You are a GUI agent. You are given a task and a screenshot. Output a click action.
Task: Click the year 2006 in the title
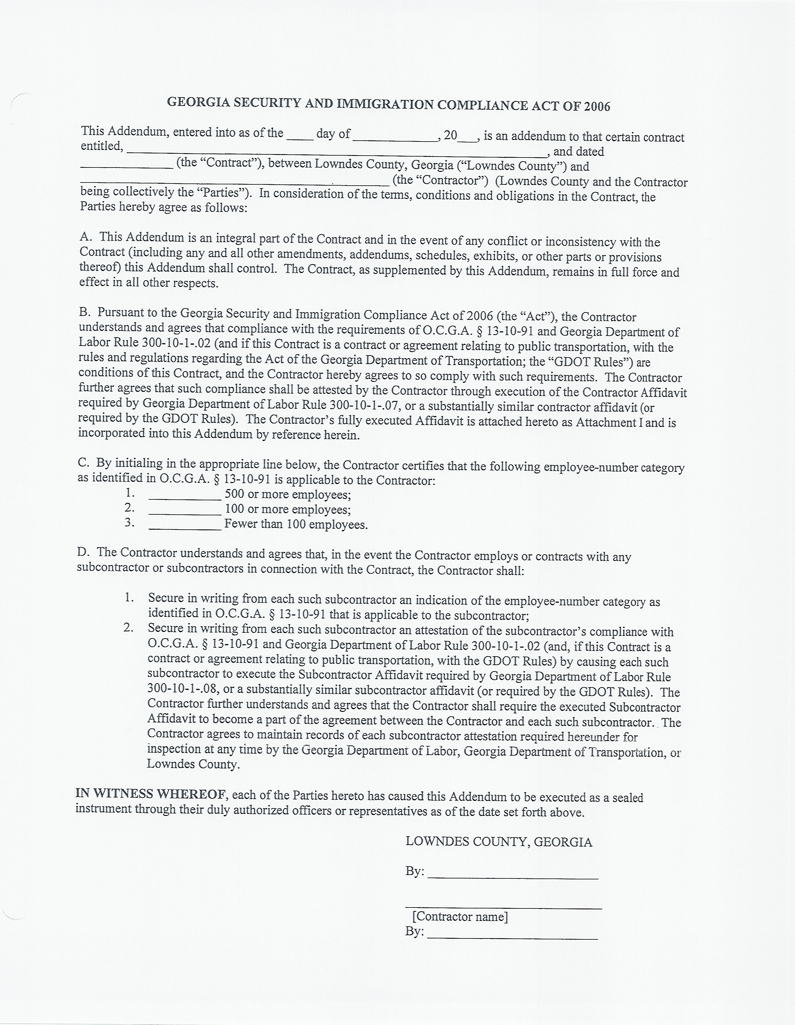click(597, 107)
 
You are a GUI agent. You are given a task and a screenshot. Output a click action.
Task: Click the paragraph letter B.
click(84, 312)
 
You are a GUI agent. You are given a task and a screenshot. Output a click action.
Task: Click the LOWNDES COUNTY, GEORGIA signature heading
click(498, 842)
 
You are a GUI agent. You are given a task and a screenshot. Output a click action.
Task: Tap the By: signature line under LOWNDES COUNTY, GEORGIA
click(512, 876)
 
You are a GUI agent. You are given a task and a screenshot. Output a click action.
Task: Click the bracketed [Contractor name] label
click(459, 917)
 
